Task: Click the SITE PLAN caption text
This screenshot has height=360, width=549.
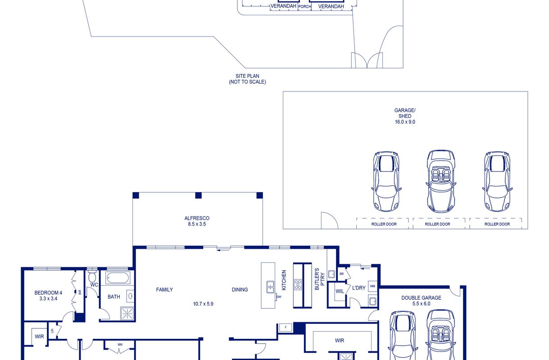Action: [247, 76]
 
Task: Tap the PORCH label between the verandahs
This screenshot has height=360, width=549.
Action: [304, 7]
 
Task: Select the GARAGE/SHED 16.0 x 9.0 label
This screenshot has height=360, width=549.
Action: [405, 116]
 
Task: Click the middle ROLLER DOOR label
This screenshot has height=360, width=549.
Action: [437, 224]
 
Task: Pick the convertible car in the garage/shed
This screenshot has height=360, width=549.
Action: [441, 181]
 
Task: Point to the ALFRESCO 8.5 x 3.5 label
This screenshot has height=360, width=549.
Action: [197, 221]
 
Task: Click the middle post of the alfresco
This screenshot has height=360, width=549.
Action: [199, 195]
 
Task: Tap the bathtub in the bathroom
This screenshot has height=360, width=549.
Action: [118, 278]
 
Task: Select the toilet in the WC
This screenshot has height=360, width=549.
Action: [92, 276]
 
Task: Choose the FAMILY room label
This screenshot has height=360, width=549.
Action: [164, 290]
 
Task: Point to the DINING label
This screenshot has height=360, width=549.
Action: [240, 290]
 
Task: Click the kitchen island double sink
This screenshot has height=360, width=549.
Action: [270, 287]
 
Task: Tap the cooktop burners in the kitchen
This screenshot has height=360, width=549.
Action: [298, 285]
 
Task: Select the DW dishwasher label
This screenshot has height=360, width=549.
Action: [279, 297]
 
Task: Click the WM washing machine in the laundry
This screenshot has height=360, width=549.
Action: [372, 286]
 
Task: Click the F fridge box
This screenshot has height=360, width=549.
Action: [286, 328]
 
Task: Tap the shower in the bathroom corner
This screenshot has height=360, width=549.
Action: [127, 314]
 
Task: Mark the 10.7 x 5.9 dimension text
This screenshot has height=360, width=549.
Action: [203, 304]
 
